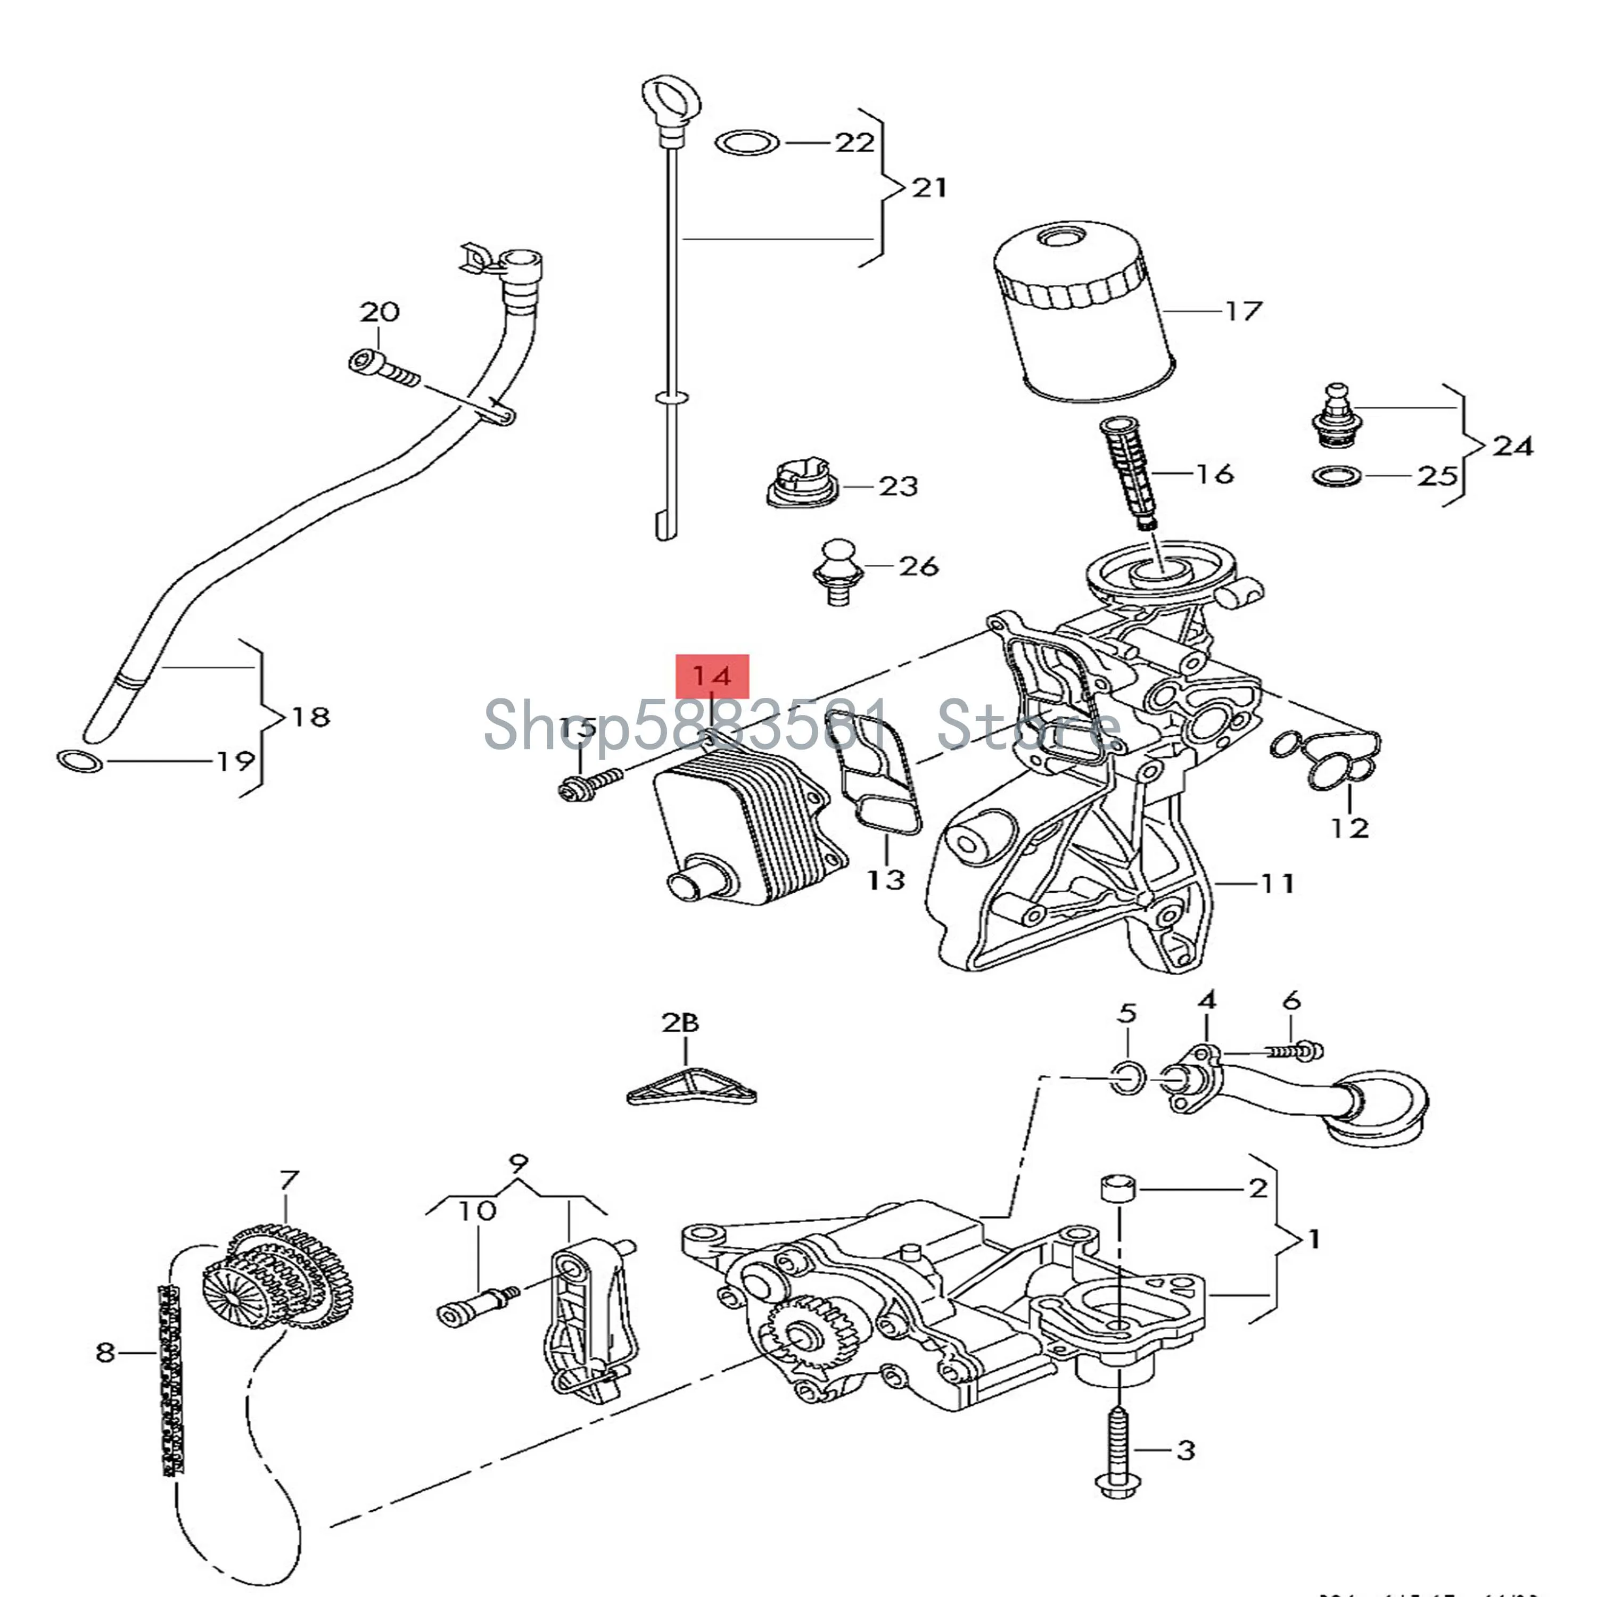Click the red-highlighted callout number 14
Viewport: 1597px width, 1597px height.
coord(712,676)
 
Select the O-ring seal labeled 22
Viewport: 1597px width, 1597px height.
coord(746,142)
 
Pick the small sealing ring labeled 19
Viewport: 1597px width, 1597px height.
coord(79,761)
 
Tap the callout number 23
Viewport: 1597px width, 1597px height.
coord(898,486)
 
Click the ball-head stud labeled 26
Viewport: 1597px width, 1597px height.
coord(838,570)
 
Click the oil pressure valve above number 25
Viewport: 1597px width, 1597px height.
coord(1337,417)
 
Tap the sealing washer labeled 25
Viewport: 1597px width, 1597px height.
coord(1337,477)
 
